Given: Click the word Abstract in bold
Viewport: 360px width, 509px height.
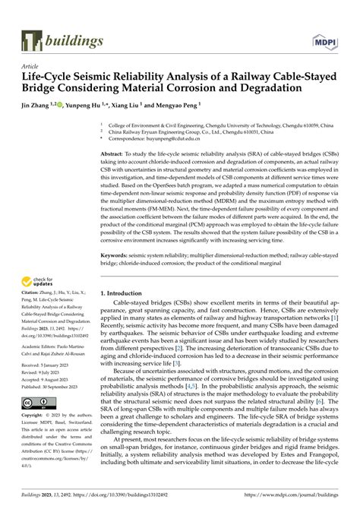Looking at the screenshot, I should (113, 152).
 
